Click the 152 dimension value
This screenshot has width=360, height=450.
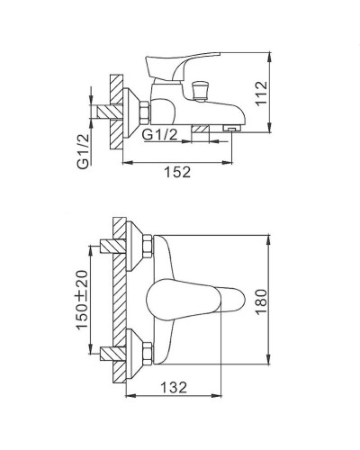click(x=180, y=173)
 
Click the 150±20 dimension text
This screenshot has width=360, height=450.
click(x=82, y=299)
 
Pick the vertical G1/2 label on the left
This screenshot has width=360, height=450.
click(x=82, y=151)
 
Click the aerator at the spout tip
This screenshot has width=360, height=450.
click(x=231, y=130)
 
